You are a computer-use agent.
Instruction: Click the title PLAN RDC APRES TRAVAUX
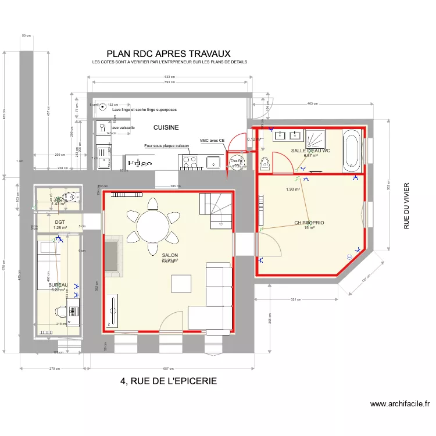click(169, 53)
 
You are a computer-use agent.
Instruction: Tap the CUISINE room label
click(166, 127)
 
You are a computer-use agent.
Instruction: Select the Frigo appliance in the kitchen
click(140, 163)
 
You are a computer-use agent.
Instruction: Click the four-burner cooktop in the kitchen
click(190, 162)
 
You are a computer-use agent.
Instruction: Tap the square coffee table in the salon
click(181, 283)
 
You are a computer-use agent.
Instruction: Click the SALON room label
click(170, 255)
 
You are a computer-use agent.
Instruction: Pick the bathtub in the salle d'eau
click(353, 151)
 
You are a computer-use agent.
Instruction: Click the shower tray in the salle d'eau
click(315, 140)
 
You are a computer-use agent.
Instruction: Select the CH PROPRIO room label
click(309, 223)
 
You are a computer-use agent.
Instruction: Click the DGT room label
click(60, 222)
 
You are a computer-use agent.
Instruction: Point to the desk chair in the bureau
click(73, 312)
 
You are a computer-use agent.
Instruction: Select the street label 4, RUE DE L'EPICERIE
click(169, 381)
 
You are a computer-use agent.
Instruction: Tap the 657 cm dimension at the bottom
click(169, 369)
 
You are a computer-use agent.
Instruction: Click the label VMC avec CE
click(212, 141)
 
